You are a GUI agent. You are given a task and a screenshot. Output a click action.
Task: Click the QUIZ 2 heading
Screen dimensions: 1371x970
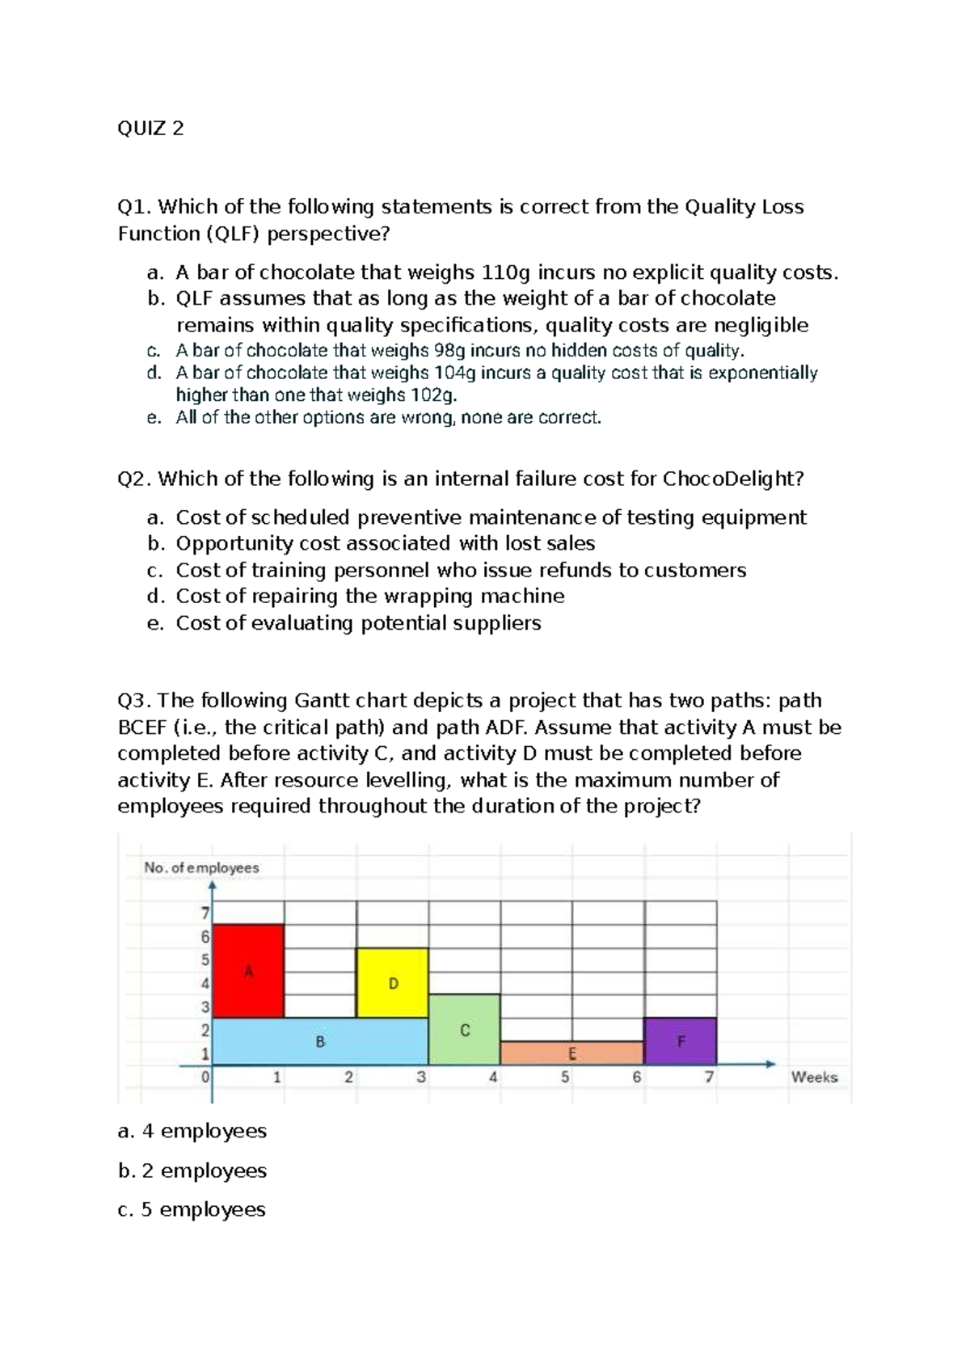150,128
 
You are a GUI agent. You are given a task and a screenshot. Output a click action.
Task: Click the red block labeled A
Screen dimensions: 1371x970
249,971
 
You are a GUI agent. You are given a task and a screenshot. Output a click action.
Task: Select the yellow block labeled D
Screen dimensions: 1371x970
393,983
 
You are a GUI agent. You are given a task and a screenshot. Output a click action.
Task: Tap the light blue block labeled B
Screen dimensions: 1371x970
320,1041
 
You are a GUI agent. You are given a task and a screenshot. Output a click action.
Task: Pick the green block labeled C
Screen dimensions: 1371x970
464,1030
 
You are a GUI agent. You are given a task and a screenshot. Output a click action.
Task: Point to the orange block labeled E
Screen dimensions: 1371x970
571,1053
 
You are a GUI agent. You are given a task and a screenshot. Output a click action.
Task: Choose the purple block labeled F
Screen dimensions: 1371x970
681,1041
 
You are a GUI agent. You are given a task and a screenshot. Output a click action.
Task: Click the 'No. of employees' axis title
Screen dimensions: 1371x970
201,867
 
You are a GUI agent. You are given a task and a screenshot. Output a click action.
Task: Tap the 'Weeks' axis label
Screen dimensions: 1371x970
814,1077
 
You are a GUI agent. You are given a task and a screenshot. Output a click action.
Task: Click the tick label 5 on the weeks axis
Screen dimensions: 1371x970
565,1077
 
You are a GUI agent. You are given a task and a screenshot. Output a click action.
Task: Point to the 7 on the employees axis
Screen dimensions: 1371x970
205,913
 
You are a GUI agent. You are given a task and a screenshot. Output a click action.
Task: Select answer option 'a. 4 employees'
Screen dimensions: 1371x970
192,1131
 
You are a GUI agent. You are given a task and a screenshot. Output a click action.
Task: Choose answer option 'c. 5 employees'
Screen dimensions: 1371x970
192,1209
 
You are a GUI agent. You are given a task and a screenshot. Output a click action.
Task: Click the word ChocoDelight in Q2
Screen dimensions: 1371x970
732,479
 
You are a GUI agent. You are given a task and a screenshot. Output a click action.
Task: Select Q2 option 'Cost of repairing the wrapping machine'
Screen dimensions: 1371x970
370,596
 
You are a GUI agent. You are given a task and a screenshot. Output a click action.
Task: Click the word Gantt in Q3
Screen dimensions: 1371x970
323,700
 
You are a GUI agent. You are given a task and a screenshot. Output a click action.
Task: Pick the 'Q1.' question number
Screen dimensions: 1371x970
135,207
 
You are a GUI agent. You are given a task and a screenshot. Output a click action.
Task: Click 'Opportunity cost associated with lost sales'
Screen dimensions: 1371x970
386,543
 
